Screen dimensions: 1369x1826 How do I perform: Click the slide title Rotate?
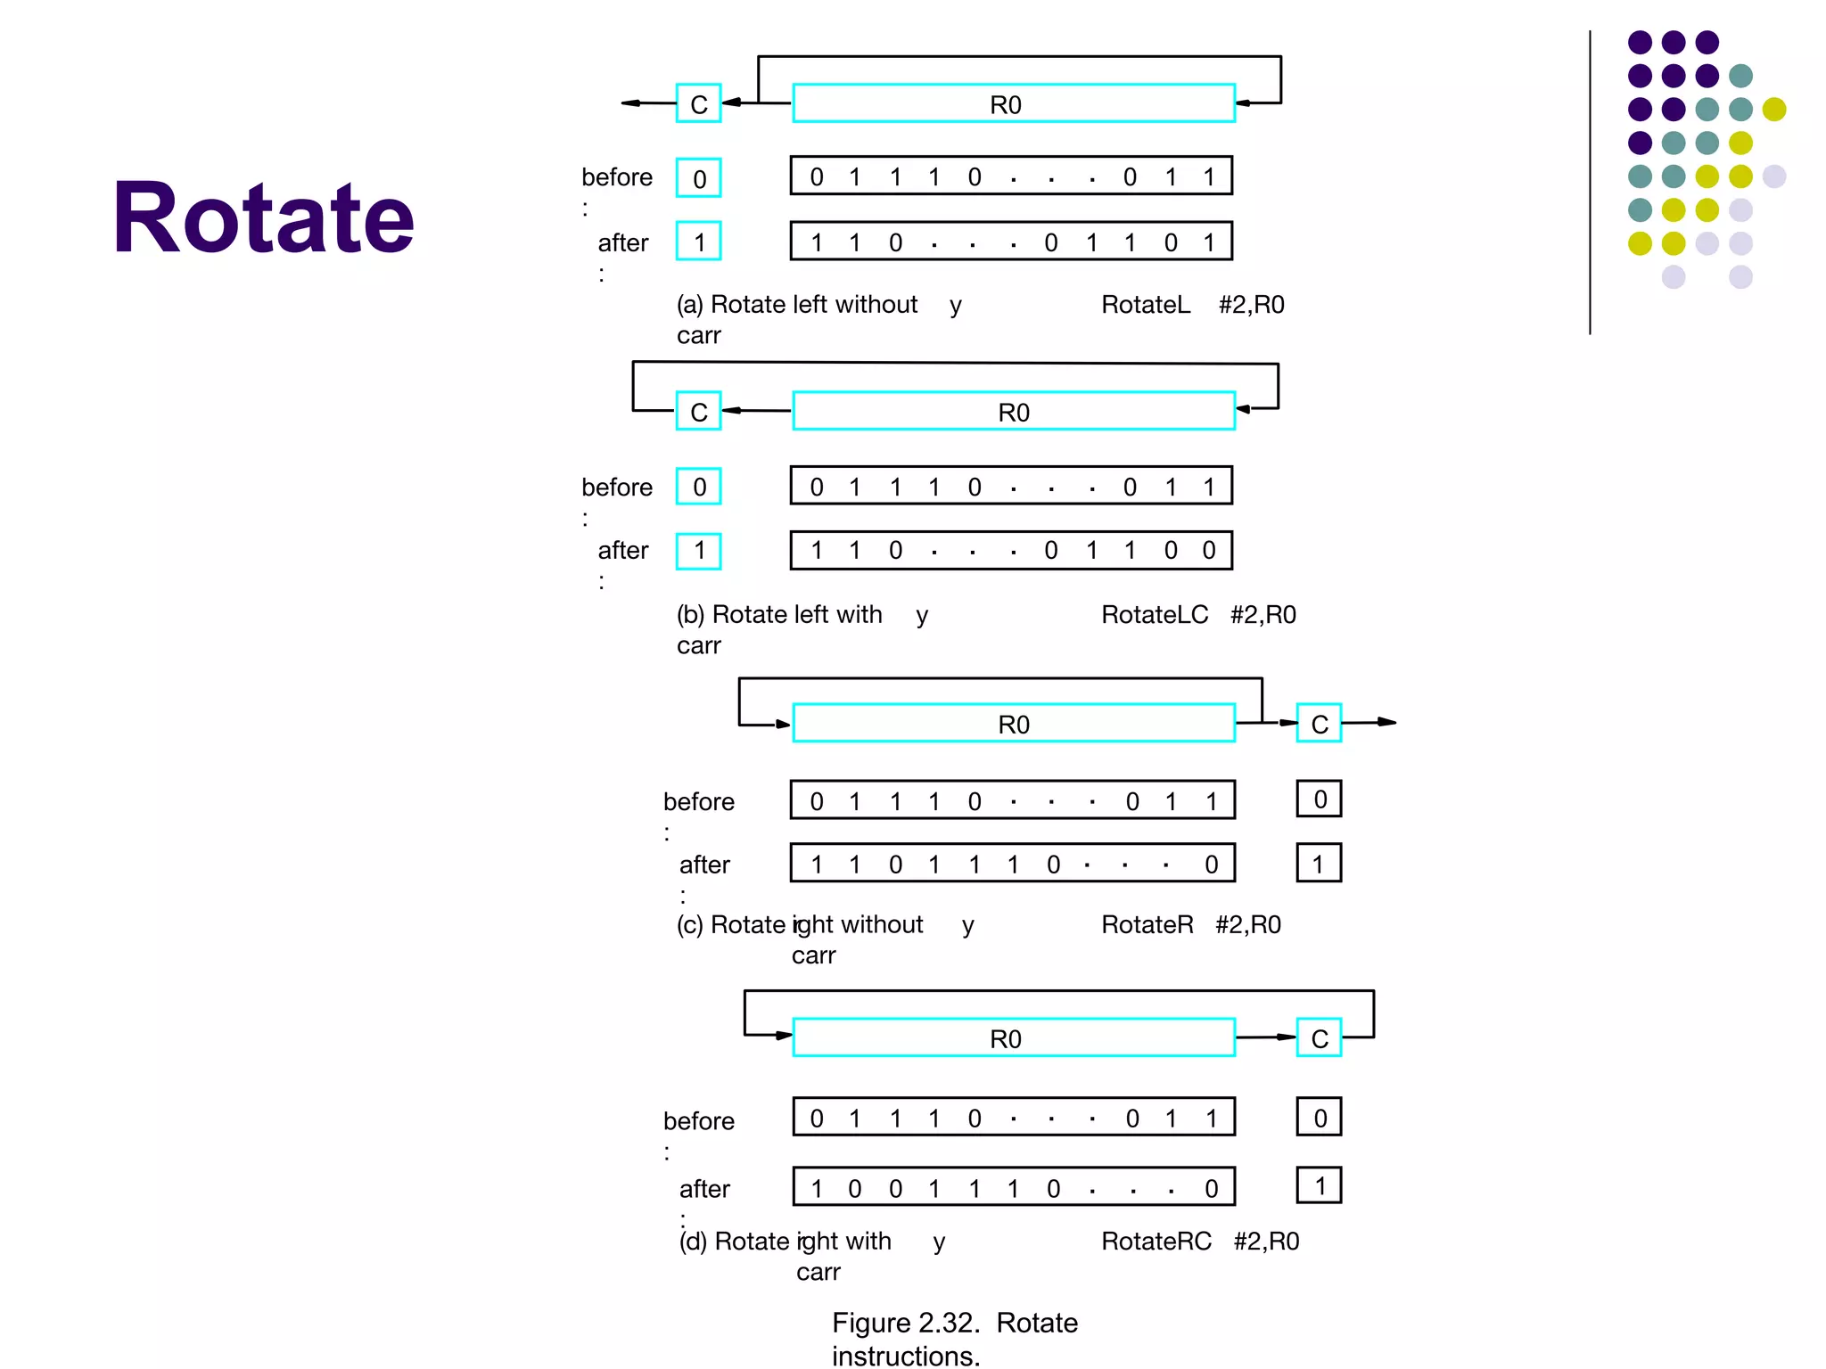coord(264,217)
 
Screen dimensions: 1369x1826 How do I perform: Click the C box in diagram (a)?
coord(698,104)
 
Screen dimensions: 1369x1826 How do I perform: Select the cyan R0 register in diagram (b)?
coord(1014,412)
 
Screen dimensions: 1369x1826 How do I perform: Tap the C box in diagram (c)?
coord(1319,724)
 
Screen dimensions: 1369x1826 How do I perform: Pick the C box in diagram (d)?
coord(1319,1038)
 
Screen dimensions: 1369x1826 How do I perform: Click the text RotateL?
coord(1146,305)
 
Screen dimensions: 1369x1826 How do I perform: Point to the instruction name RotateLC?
coord(1155,615)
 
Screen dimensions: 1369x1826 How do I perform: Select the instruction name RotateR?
coord(1147,925)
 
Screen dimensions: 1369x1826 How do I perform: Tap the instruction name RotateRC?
coord(1156,1242)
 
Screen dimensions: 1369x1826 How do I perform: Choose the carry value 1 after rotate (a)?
coord(699,242)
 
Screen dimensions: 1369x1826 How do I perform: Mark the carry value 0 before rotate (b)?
coord(699,487)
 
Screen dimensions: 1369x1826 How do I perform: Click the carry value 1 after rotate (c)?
coord(1319,864)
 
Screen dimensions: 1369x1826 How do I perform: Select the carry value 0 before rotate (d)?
coord(1320,1118)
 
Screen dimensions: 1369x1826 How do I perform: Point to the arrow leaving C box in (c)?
coord(1373,722)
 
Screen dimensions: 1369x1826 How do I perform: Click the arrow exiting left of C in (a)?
coord(646,103)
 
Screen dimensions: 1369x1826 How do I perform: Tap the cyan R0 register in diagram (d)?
coord(1014,1038)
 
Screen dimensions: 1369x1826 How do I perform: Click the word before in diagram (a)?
coord(617,177)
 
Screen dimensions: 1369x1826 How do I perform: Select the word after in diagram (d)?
coord(704,1189)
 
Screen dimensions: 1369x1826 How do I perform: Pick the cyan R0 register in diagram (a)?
coord(1014,104)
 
